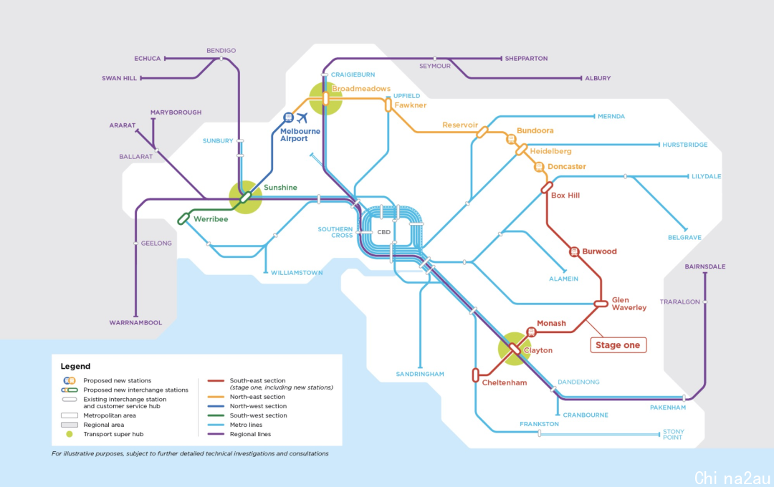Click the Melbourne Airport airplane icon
pyautogui.click(x=302, y=118)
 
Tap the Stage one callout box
pyautogui.click(x=618, y=345)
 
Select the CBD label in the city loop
pyautogui.click(x=383, y=232)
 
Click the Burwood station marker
pyautogui.click(x=574, y=251)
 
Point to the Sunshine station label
pyautogui.click(x=280, y=188)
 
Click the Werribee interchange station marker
pyautogui.click(x=183, y=218)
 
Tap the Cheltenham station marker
pyautogui.click(x=475, y=375)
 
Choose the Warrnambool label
pyautogui.click(x=135, y=323)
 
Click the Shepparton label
pyautogui.click(x=526, y=58)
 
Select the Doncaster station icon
pyautogui.click(x=539, y=168)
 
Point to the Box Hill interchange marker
pyautogui.click(x=546, y=188)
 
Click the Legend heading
pyautogui.click(x=75, y=366)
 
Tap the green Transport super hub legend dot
pyautogui.click(x=70, y=434)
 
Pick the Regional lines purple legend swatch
pyautogui.click(x=216, y=434)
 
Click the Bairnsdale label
pyautogui.click(x=705, y=266)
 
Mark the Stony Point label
pyautogui.click(x=673, y=434)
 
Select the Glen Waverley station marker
pyautogui.click(x=601, y=304)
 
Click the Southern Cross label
pyautogui.click(x=335, y=232)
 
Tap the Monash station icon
pyautogui.click(x=531, y=332)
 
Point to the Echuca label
pyautogui.click(x=148, y=58)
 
